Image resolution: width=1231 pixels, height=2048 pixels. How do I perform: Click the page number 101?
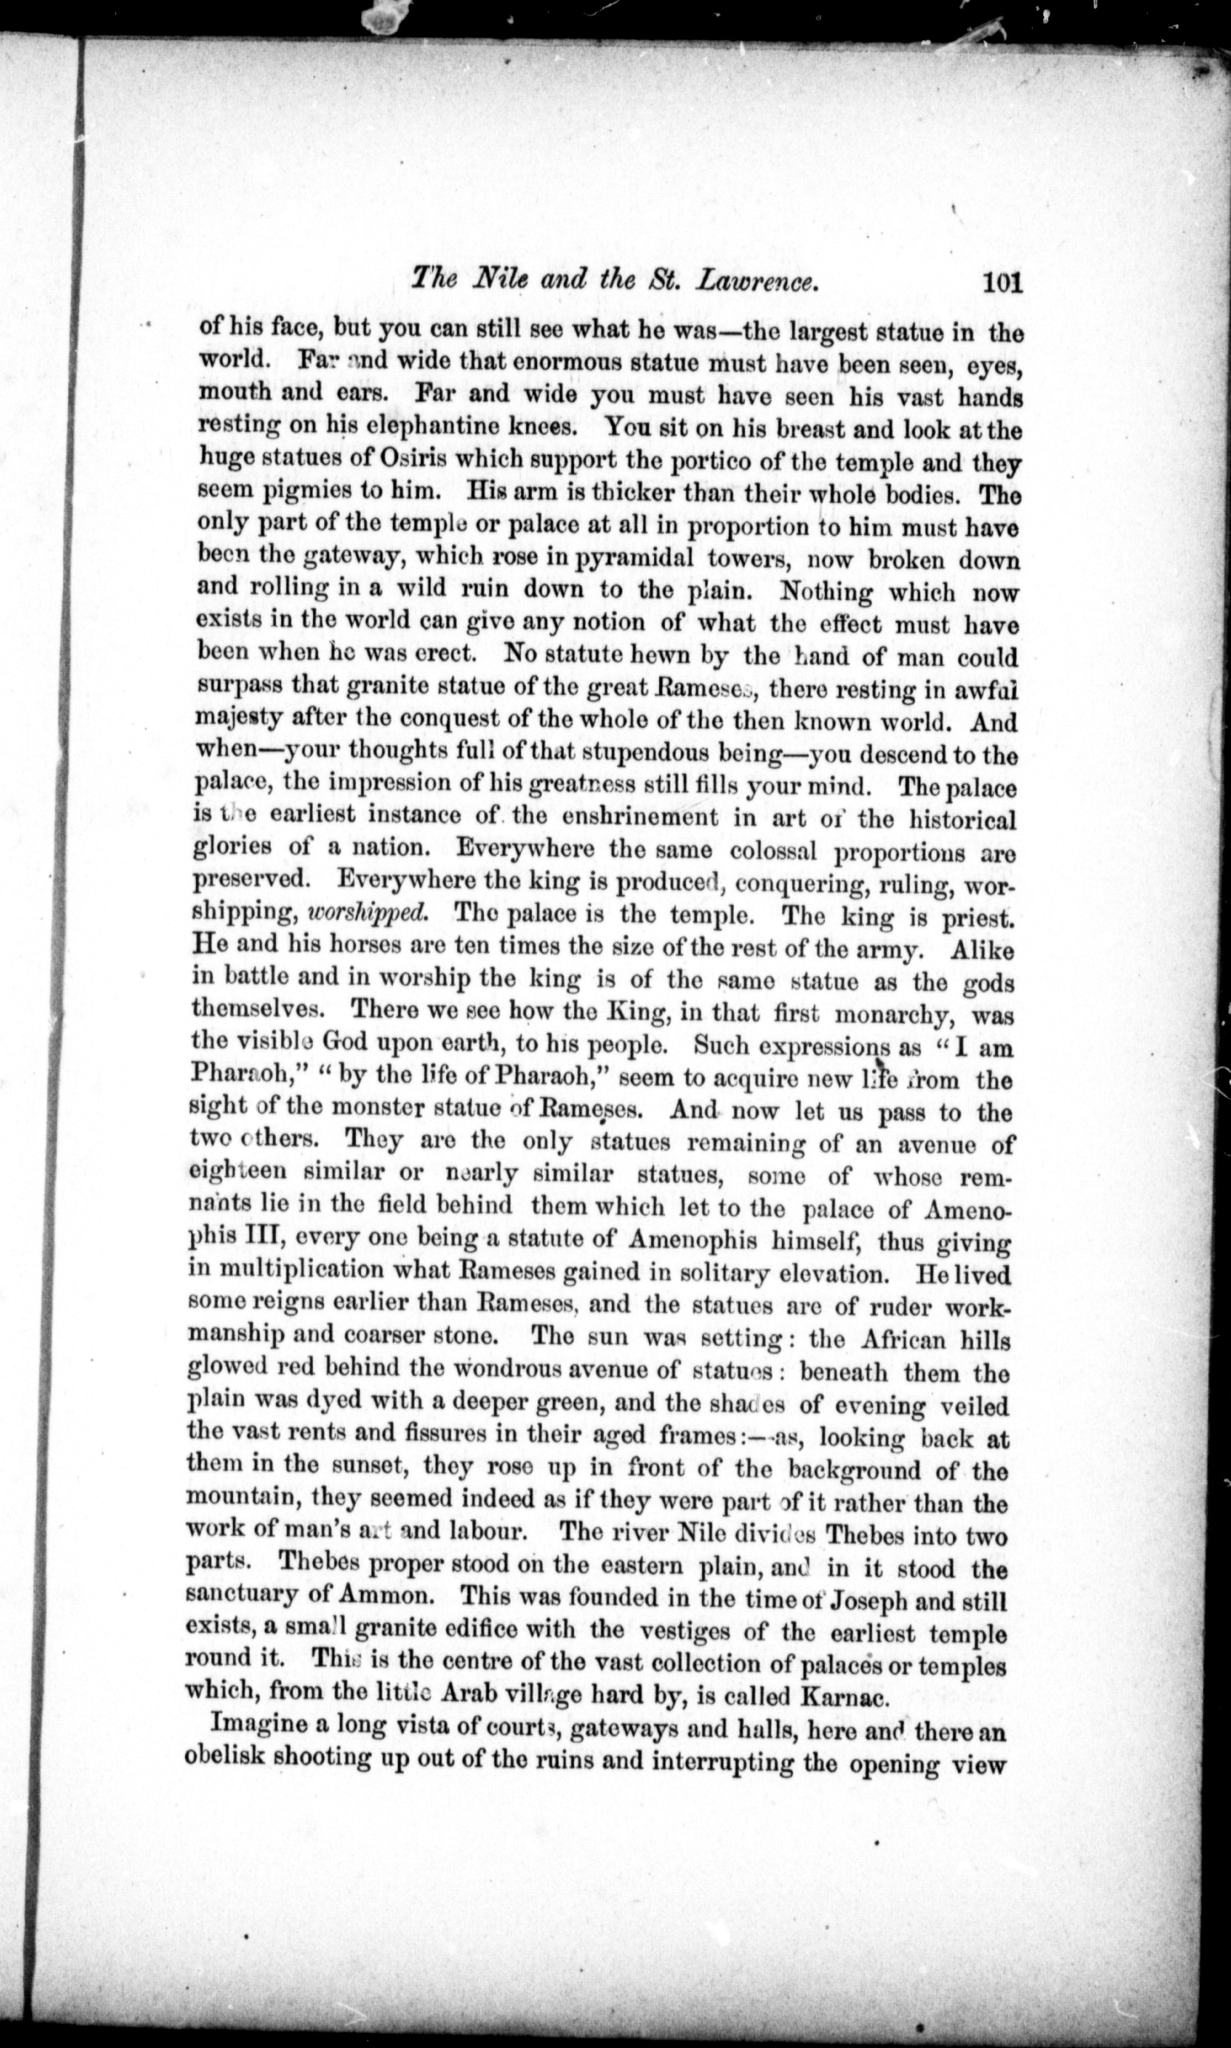(x=999, y=283)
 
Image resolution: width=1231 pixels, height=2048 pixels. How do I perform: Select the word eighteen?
(x=239, y=1174)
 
